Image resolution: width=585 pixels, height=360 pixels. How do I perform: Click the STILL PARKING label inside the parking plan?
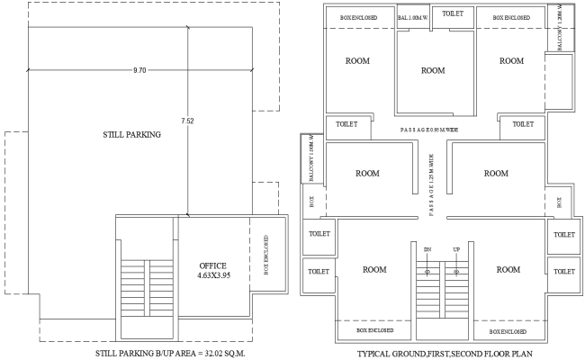[x=131, y=135]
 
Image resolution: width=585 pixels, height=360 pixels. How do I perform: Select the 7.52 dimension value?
[x=187, y=120]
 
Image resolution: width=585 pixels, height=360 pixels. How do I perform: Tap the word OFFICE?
[x=212, y=266]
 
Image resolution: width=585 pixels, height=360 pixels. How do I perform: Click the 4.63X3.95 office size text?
[x=212, y=278]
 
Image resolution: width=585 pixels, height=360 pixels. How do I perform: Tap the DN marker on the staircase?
[x=427, y=248]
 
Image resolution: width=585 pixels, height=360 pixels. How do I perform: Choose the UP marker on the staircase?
[x=456, y=248]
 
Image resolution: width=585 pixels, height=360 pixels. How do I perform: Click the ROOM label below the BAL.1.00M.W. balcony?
[x=434, y=70]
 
